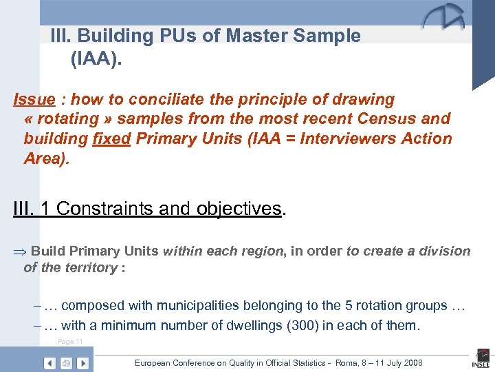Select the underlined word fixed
(111, 138)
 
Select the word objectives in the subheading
(239, 209)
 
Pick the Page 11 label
(70, 342)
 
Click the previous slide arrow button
(49, 363)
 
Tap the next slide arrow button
(82, 363)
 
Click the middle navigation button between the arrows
(66, 363)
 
